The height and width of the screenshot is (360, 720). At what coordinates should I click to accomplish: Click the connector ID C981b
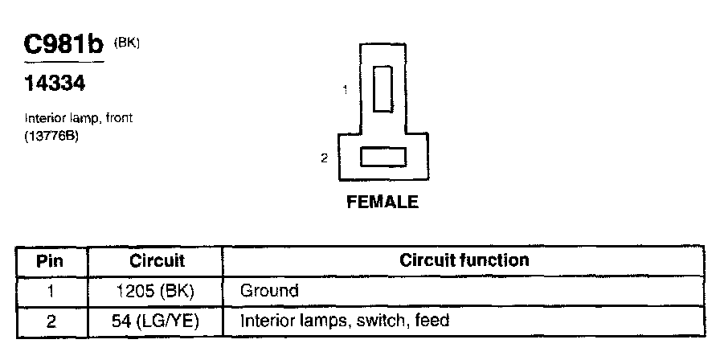(64, 46)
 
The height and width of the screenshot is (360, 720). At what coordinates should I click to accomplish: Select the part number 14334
(55, 84)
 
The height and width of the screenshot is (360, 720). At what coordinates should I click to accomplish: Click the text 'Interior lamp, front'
(78, 118)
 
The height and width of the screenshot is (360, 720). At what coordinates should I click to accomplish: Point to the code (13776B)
(55, 133)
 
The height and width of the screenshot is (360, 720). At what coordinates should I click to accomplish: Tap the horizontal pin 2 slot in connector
(382, 157)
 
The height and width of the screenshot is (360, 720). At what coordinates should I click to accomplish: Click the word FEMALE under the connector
(382, 202)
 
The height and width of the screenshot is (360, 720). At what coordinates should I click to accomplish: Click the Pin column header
(51, 261)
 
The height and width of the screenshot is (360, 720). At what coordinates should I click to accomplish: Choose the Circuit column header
(157, 261)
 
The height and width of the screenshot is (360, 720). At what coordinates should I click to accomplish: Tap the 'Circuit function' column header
(464, 260)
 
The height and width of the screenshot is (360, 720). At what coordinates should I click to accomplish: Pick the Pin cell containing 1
(51, 291)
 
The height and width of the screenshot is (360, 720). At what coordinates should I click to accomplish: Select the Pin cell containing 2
(51, 321)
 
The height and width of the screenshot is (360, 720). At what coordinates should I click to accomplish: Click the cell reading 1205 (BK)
(157, 291)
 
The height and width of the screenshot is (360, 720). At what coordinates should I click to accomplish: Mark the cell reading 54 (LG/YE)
(157, 321)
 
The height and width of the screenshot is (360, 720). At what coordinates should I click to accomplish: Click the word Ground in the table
(269, 291)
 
